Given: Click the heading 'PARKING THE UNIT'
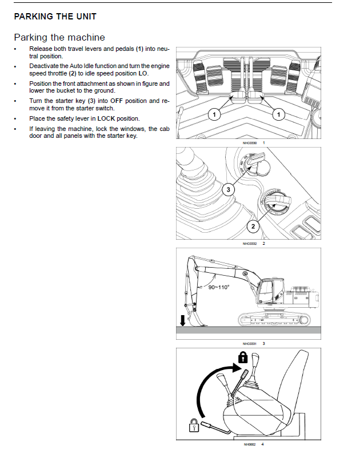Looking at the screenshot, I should [55, 17].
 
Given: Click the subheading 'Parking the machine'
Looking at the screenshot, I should [59, 37].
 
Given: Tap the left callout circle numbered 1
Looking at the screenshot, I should [214, 115].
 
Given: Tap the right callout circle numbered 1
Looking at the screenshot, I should [279, 115].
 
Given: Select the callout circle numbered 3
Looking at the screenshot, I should [227, 189].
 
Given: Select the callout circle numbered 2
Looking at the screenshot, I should [251, 227].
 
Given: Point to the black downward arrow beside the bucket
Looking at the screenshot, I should [183, 319].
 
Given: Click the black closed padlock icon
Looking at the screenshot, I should [243, 357].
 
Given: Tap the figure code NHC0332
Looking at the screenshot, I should [250, 243].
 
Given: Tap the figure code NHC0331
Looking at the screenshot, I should [250, 343].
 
